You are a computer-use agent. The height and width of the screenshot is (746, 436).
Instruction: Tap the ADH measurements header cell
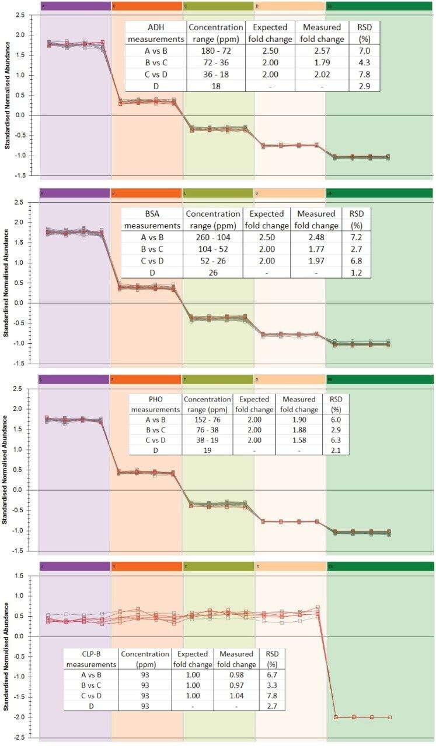point(155,32)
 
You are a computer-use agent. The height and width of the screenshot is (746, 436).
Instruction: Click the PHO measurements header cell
point(155,404)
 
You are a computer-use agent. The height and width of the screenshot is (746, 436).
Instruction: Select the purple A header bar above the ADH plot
point(75,6)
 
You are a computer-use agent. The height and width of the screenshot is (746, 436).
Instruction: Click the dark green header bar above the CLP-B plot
point(380,566)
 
